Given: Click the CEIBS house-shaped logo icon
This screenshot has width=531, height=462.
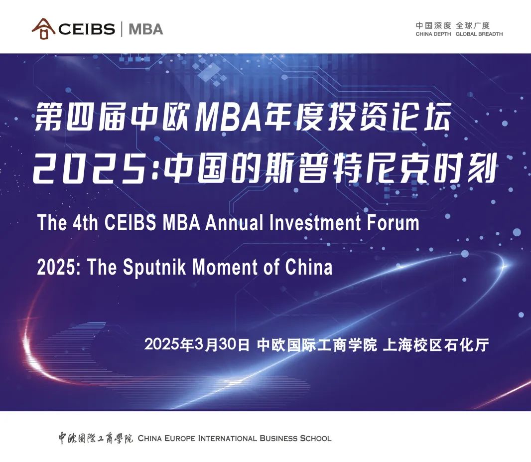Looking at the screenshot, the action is pos(43,29).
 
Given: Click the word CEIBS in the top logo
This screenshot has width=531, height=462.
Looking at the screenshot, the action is pos(87,29).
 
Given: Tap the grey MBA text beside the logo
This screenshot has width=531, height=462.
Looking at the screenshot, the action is pos(146,29).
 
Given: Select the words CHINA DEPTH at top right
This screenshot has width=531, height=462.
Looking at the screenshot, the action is pos(433,34).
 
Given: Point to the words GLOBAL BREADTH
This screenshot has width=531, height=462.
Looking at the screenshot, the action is pos(479,34).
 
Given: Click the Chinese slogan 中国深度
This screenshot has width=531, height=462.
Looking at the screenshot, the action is pos(433,25).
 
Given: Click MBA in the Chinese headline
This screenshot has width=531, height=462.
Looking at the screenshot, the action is pos(228,117).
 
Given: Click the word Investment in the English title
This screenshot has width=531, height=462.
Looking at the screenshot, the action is pos(315,223).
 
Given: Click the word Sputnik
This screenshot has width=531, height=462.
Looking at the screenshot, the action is pos(154,267).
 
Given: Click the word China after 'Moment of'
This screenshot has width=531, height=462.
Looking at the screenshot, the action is pos(309,267).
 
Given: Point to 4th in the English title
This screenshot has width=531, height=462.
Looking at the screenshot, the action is pos(85,223).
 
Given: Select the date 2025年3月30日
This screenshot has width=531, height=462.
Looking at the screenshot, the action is pos(197,344).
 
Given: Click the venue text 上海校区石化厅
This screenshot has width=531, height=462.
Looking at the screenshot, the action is pos(436,345).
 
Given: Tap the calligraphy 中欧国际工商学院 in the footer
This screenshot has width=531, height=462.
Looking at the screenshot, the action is pos(96,438).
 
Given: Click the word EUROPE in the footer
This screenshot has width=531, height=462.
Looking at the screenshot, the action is pos(180,438).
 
